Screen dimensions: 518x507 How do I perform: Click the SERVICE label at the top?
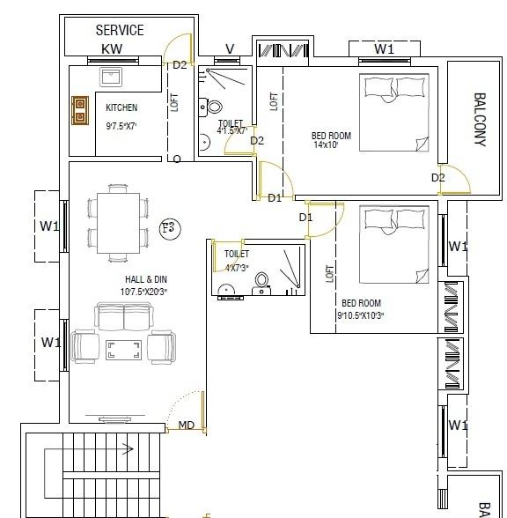(x=119, y=30)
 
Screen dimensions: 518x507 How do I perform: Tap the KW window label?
(x=112, y=48)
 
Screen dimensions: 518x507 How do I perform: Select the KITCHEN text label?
(x=121, y=107)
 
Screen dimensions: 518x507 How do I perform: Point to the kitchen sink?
(x=113, y=77)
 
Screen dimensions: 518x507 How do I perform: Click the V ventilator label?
(x=230, y=49)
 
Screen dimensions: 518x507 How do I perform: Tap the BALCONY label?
(x=480, y=120)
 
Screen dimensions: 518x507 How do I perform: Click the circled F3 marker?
(x=168, y=228)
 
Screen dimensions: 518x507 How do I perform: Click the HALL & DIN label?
(x=143, y=279)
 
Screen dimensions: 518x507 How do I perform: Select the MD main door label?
(x=187, y=425)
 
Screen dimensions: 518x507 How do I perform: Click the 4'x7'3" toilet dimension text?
(x=237, y=267)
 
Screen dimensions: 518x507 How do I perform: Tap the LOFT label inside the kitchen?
(x=174, y=103)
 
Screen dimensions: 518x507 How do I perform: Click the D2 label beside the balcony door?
(x=438, y=178)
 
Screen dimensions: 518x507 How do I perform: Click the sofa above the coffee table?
(x=122, y=318)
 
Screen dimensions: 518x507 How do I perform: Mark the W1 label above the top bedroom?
(x=384, y=49)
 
